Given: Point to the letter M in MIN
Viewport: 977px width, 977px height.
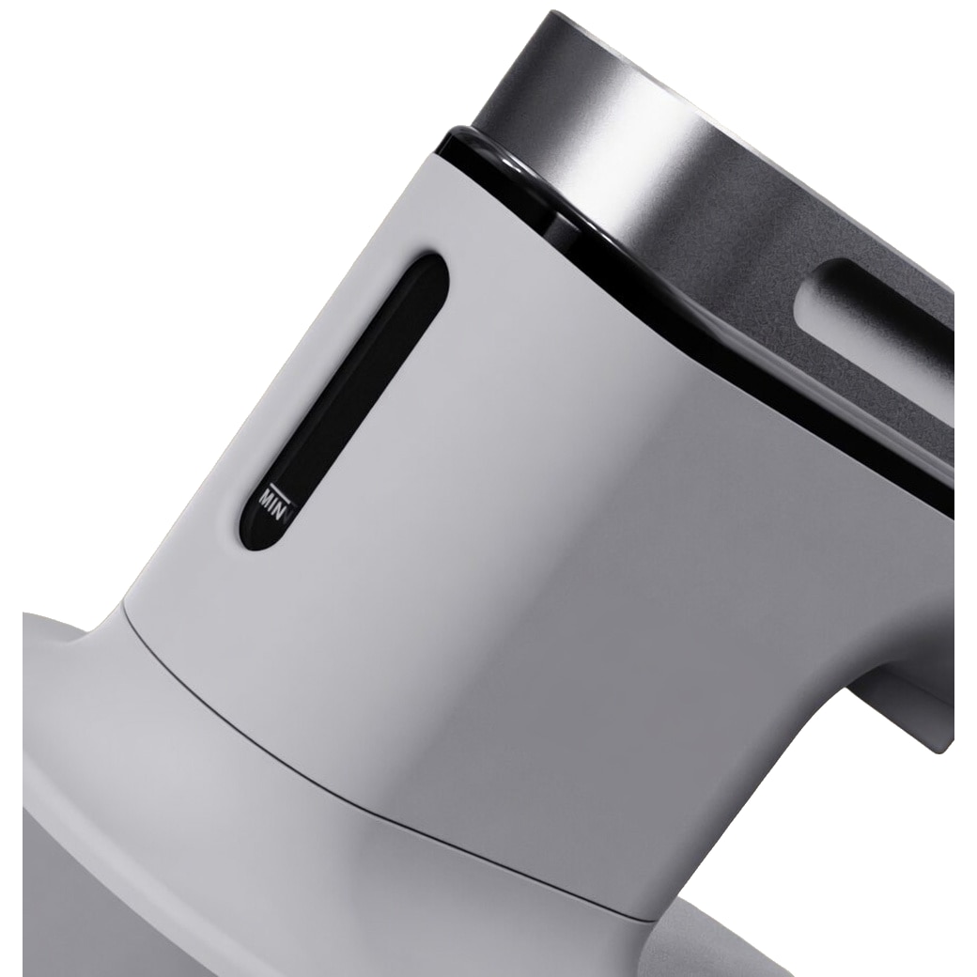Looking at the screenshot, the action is pos(266,501).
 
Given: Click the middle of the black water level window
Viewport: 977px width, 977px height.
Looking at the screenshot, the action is pos(345,402).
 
